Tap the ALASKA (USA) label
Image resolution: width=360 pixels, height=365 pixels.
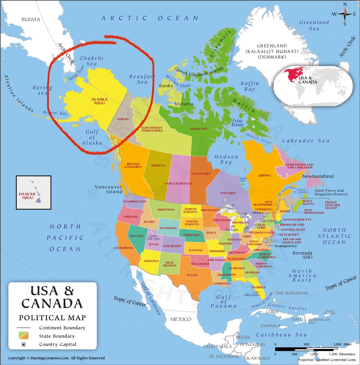(x=99, y=101)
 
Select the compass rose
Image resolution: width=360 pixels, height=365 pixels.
(x=345, y=14)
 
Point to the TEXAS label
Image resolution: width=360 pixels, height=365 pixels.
(x=192, y=275)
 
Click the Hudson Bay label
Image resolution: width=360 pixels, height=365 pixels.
(x=226, y=159)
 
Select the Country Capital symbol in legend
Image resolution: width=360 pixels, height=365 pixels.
(x=24, y=344)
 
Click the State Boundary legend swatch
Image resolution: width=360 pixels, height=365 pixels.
(x=24, y=336)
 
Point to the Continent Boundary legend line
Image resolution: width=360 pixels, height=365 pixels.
(x=24, y=328)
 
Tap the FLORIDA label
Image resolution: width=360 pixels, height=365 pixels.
(x=259, y=287)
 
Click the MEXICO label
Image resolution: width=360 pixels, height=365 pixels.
(x=181, y=319)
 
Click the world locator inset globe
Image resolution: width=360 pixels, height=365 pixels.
(x=314, y=85)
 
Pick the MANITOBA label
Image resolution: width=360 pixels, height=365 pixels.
(x=201, y=174)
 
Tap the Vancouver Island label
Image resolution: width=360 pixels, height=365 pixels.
(x=108, y=189)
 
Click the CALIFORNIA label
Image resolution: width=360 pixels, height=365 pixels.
(x=124, y=248)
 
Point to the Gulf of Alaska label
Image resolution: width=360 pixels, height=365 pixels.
(x=92, y=137)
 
